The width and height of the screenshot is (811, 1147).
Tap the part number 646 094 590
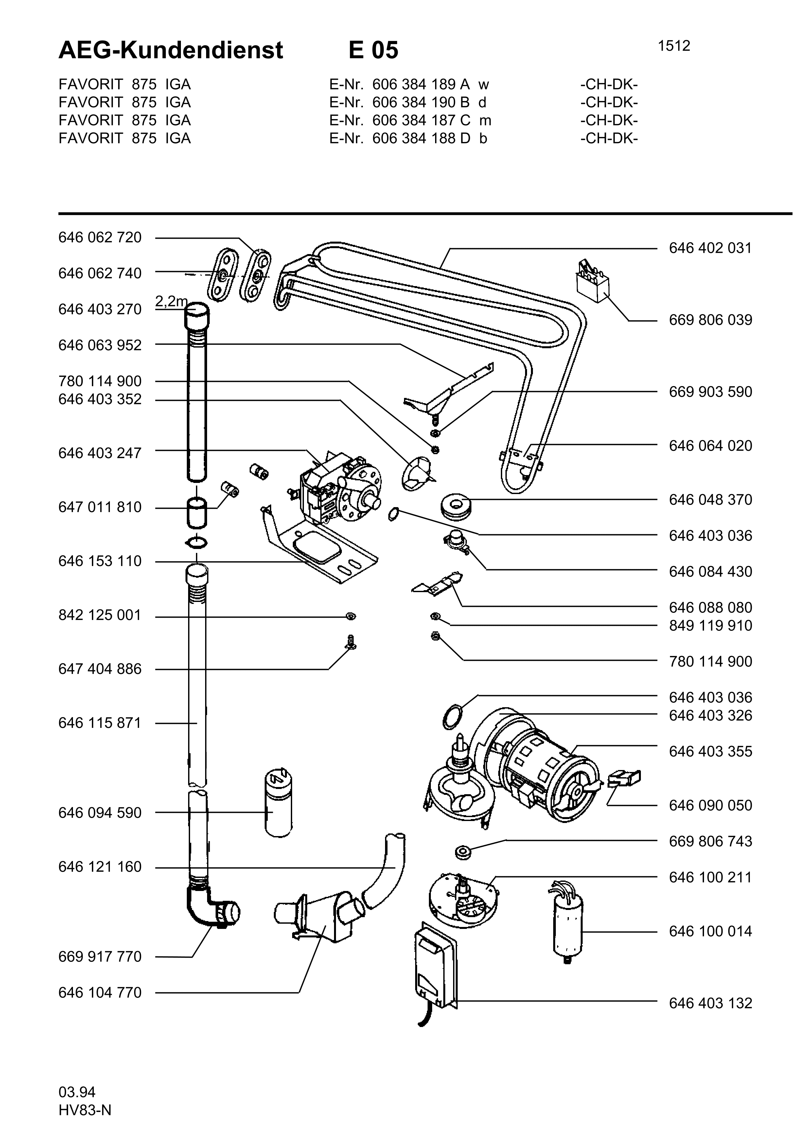click(100, 813)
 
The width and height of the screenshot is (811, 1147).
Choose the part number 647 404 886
click(100, 669)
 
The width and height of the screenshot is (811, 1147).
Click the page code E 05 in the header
click(373, 50)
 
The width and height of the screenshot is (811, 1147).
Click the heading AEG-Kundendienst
click(171, 50)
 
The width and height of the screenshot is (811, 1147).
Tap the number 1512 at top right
click(674, 46)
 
